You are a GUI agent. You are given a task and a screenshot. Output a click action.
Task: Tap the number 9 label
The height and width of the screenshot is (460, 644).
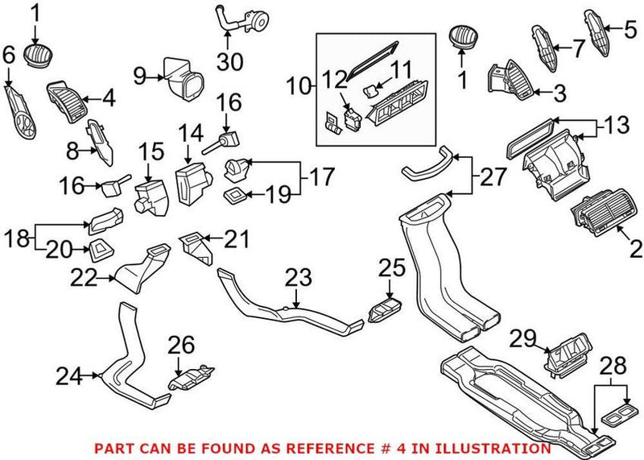[139, 77]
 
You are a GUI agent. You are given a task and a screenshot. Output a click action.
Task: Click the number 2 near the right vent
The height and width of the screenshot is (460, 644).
[635, 250]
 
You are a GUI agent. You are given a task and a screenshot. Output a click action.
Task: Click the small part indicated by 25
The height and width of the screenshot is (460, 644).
[384, 310]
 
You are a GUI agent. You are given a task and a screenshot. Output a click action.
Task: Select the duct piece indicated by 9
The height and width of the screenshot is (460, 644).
[183, 73]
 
